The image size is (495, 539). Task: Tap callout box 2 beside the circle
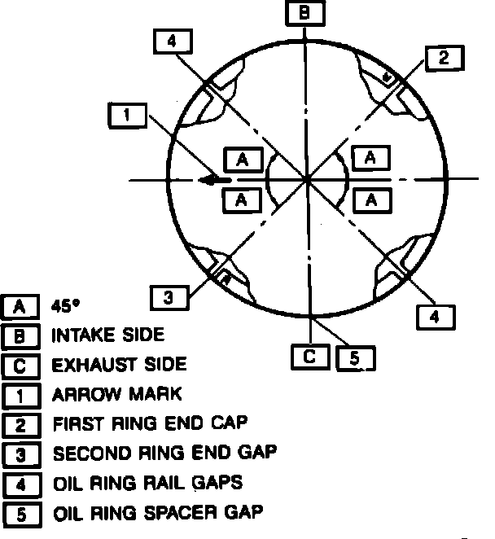coord(443,57)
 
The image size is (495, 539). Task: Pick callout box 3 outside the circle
coord(168,297)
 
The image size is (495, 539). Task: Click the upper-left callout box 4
coord(172,42)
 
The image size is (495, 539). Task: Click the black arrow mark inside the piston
coord(213,179)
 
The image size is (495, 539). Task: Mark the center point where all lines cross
coord(305,178)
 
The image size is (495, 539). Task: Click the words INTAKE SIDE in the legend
coord(107,335)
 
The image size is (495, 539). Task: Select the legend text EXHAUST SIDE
coord(119,364)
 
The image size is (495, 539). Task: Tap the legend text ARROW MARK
coord(116,394)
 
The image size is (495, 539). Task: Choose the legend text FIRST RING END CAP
coord(150,424)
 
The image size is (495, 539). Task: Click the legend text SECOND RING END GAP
coord(164,453)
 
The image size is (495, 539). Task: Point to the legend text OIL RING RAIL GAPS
coord(147,483)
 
